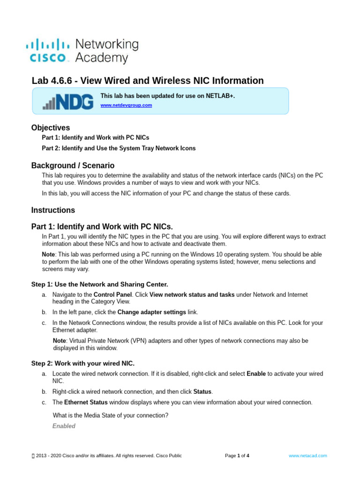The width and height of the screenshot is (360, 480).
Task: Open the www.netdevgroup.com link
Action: pyautogui.click(x=126, y=105)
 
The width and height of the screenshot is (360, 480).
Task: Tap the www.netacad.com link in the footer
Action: pyautogui.click(x=307, y=455)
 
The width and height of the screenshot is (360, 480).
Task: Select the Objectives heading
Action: pyautogui.click(x=51, y=127)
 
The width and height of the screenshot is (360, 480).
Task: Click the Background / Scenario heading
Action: pyautogui.click(x=73, y=165)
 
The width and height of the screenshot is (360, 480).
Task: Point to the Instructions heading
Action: pyautogui.click(x=53, y=210)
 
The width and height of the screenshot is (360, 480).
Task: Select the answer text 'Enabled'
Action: pyautogui.click(x=63, y=426)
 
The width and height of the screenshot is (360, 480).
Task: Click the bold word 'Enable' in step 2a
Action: pyautogui.click(x=256, y=374)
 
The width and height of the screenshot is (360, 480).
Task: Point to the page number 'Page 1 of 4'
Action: pyautogui.click(x=237, y=455)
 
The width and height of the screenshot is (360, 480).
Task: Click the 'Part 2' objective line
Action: pyautogui.click(x=119, y=148)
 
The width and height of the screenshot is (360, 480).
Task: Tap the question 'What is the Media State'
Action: pyautogui.click(x=111, y=415)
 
